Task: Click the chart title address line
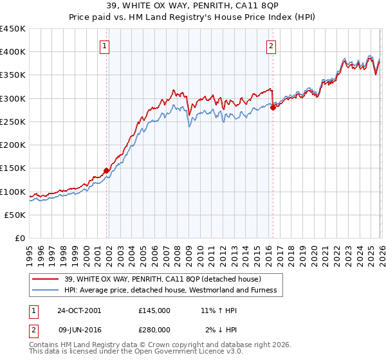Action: [193, 6]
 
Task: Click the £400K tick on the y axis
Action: [13, 52]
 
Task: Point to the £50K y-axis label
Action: [15, 215]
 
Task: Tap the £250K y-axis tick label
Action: [13, 122]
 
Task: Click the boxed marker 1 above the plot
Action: [104, 46]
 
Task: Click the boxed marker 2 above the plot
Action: [271, 46]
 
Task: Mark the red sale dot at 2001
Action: [107, 171]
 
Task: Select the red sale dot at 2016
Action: [273, 108]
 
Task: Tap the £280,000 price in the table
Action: [154, 329]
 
